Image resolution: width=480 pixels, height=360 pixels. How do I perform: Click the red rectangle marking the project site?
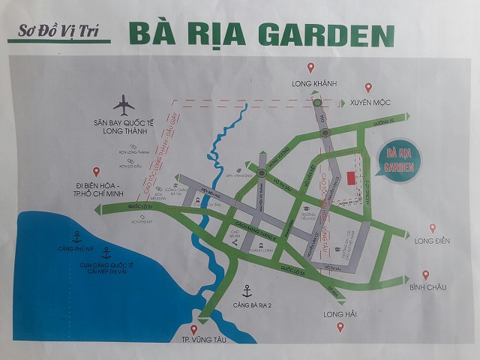352,175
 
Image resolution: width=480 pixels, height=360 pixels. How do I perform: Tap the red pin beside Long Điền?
433,228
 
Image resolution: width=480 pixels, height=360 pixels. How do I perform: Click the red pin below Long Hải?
340,327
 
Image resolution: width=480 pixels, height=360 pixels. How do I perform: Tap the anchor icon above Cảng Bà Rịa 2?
245,290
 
